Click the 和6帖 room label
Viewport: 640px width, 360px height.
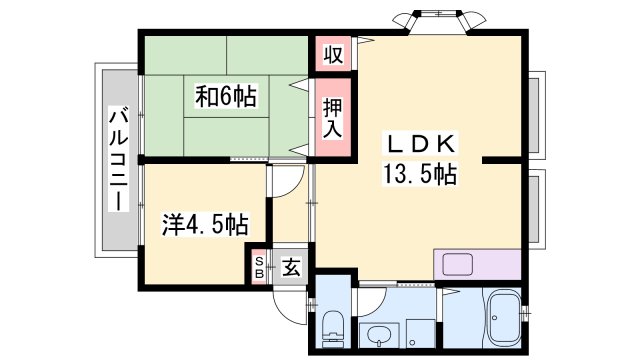(226, 97)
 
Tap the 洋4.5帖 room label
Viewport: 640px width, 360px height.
(205, 223)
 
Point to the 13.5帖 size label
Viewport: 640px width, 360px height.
(418, 175)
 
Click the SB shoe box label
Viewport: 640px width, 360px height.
(259, 267)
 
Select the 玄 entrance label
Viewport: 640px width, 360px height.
(290, 267)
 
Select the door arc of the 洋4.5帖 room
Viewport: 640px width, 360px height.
(284, 180)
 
